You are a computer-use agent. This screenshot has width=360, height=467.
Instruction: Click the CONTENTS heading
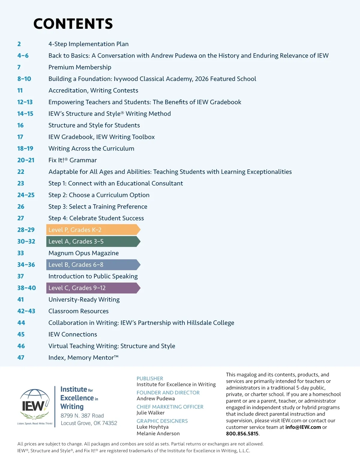(x=73, y=24)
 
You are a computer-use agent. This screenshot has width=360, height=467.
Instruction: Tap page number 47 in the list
(x=21, y=358)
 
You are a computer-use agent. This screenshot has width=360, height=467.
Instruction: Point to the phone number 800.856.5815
(x=242, y=434)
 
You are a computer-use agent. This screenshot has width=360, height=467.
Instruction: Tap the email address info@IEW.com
(x=303, y=427)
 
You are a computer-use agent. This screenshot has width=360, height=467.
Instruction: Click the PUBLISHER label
(x=150, y=379)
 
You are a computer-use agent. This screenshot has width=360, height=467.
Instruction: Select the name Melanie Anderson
(x=158, y=433)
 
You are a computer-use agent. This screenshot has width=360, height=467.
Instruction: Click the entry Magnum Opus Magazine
(x=83, y=253)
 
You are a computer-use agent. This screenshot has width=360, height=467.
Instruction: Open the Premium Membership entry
(x=80, y=67)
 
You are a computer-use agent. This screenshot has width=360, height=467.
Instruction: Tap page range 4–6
(x=23, y=56)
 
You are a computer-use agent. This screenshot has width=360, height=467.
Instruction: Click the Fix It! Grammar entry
(x=73, y=160)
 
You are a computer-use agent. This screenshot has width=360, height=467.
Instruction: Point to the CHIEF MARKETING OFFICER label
(x=170, y=407)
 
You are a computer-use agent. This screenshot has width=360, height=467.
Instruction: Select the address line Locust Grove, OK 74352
(x=89, y=423)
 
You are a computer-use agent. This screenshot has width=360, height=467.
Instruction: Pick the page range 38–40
(x=26, y=288)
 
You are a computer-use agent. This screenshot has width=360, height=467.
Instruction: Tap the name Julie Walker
(x=150, y=413)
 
